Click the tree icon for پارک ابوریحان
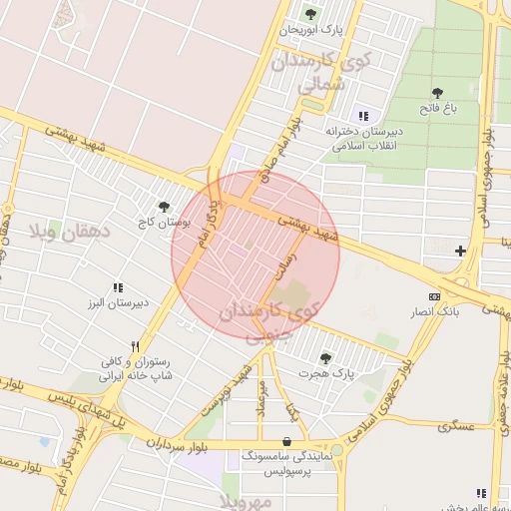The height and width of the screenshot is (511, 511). (x=310, y=14)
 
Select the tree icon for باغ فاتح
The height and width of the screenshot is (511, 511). (x=437, y=93)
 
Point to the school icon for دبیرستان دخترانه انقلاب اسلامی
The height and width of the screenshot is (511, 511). (x=360, y=115)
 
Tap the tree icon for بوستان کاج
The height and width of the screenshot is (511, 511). (x=164, y=207)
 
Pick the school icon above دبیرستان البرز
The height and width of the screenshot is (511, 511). (x=117, y=286)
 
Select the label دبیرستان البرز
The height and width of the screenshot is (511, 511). (x=115, y=302)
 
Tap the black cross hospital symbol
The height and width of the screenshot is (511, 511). (x=460, y=250)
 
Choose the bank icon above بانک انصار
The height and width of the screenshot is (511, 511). (x=434, y=296)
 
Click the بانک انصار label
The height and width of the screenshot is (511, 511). (x=434, y=312)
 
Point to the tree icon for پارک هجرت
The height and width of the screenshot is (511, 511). (x=325, y=356)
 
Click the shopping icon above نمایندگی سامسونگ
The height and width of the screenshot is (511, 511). (x=287, y=441)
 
